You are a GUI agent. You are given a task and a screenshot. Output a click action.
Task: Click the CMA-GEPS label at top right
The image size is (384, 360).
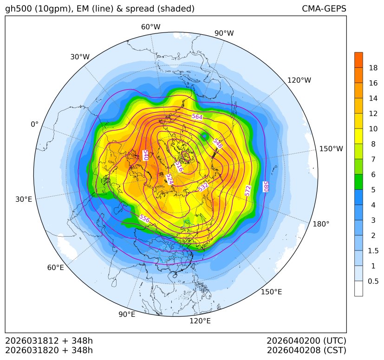324,9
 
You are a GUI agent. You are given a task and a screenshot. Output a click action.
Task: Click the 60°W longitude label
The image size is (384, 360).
150,27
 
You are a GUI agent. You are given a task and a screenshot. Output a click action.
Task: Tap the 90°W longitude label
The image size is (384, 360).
224,33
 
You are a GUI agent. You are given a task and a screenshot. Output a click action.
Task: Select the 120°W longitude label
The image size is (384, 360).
299,80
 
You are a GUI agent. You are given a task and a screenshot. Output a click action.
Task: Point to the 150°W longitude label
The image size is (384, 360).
331,149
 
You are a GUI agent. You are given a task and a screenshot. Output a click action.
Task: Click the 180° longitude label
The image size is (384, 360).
321,224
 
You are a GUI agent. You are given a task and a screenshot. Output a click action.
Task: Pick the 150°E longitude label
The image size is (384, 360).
271,292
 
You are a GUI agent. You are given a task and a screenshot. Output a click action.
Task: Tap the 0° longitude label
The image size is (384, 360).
34,124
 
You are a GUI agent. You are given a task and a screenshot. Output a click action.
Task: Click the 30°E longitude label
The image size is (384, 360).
24,199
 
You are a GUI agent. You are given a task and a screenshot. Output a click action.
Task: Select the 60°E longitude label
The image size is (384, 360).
55,268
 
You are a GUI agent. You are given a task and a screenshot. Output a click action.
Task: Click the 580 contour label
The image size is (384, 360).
266,186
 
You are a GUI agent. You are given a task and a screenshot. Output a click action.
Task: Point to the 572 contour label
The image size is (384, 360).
248,190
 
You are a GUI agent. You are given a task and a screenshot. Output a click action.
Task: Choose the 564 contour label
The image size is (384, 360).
197,116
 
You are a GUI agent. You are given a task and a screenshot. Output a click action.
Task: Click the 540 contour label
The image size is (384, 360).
145,155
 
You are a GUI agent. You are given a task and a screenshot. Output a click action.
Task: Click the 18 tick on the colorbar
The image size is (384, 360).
373,68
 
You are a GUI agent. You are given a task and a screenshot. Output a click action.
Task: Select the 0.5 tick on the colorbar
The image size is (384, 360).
373,281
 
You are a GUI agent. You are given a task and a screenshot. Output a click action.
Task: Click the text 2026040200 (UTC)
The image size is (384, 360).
306,341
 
